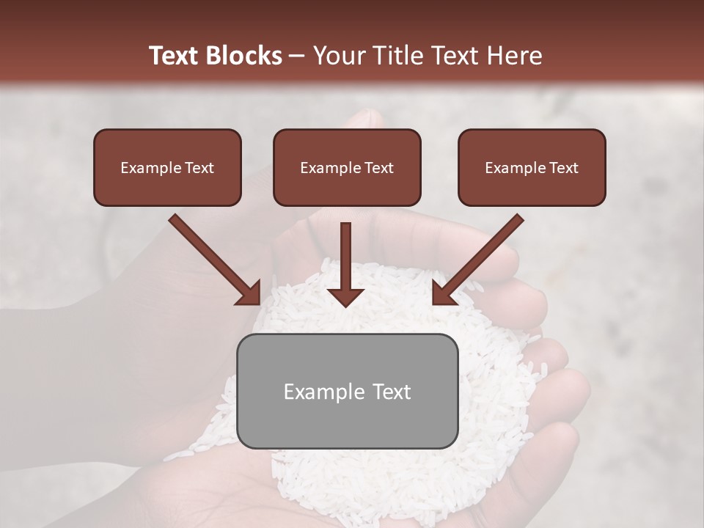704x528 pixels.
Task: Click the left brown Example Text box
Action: [x=167, y=168]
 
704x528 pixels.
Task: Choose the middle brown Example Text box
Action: [x=347, y=168]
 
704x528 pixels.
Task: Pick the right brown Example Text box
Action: [x=532, y=168]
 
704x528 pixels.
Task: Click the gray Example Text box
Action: [x=347, y=391]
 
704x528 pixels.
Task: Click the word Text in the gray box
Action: [x=386, y=392]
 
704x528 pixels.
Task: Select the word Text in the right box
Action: [x=564, y=168]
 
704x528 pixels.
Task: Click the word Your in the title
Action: [x=337, y=56]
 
